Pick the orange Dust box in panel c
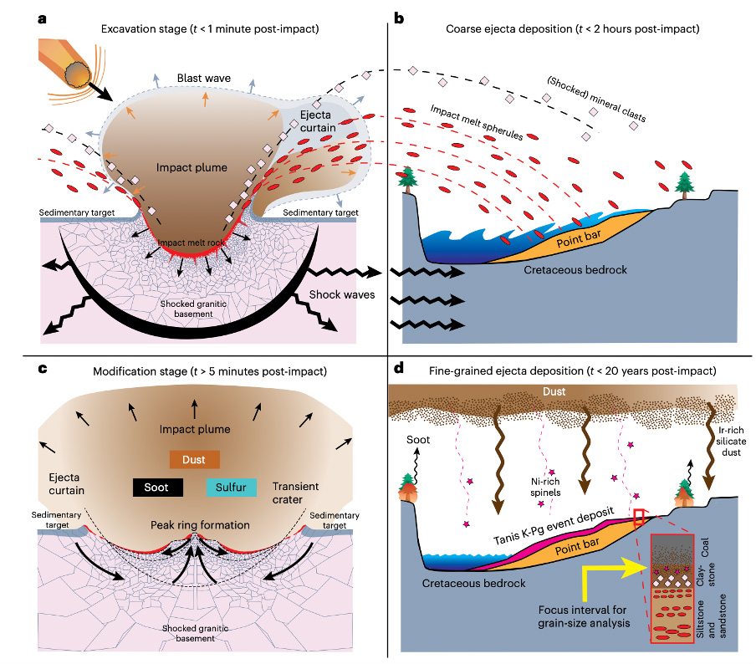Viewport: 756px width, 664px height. coord(195,459)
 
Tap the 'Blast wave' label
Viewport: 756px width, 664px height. coord(203,79)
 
